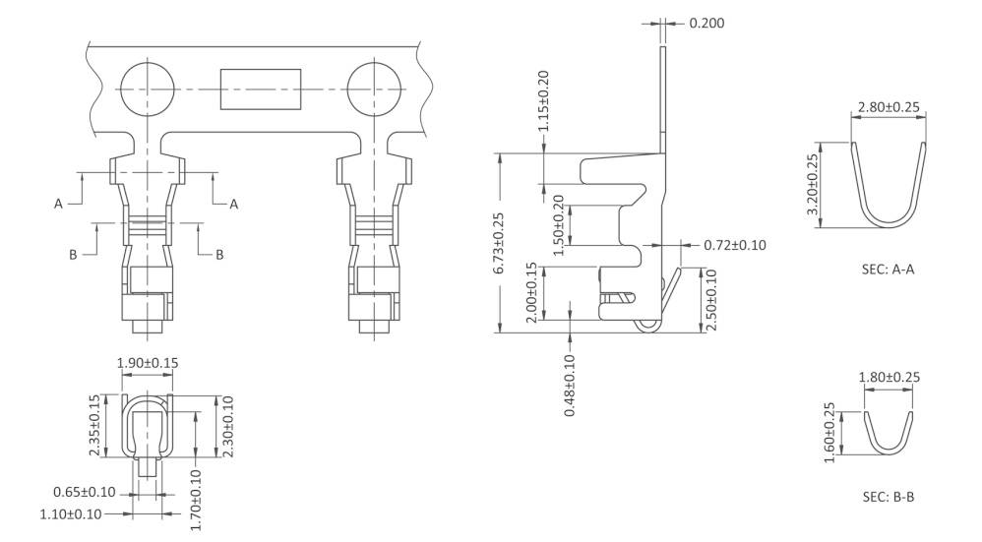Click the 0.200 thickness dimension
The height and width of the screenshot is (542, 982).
tap(706, 23)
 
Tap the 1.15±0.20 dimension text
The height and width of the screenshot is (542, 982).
tap(544, 103)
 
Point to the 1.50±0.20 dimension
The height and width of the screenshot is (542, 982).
tap(558, 225)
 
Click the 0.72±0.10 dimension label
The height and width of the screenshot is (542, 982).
tap(735, 245)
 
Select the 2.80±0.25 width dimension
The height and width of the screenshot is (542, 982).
tap(888, 106)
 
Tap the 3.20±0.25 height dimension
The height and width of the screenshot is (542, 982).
tap(813, 186)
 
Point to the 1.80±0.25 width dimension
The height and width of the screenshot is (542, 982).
tap(888, 377)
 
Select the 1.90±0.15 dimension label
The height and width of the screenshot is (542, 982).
tap(148, 363)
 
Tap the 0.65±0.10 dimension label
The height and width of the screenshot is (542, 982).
tap(85, 492)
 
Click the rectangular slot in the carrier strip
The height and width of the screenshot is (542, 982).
tap(260, 90)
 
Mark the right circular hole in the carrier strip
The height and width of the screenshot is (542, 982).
tap(374, 89)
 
